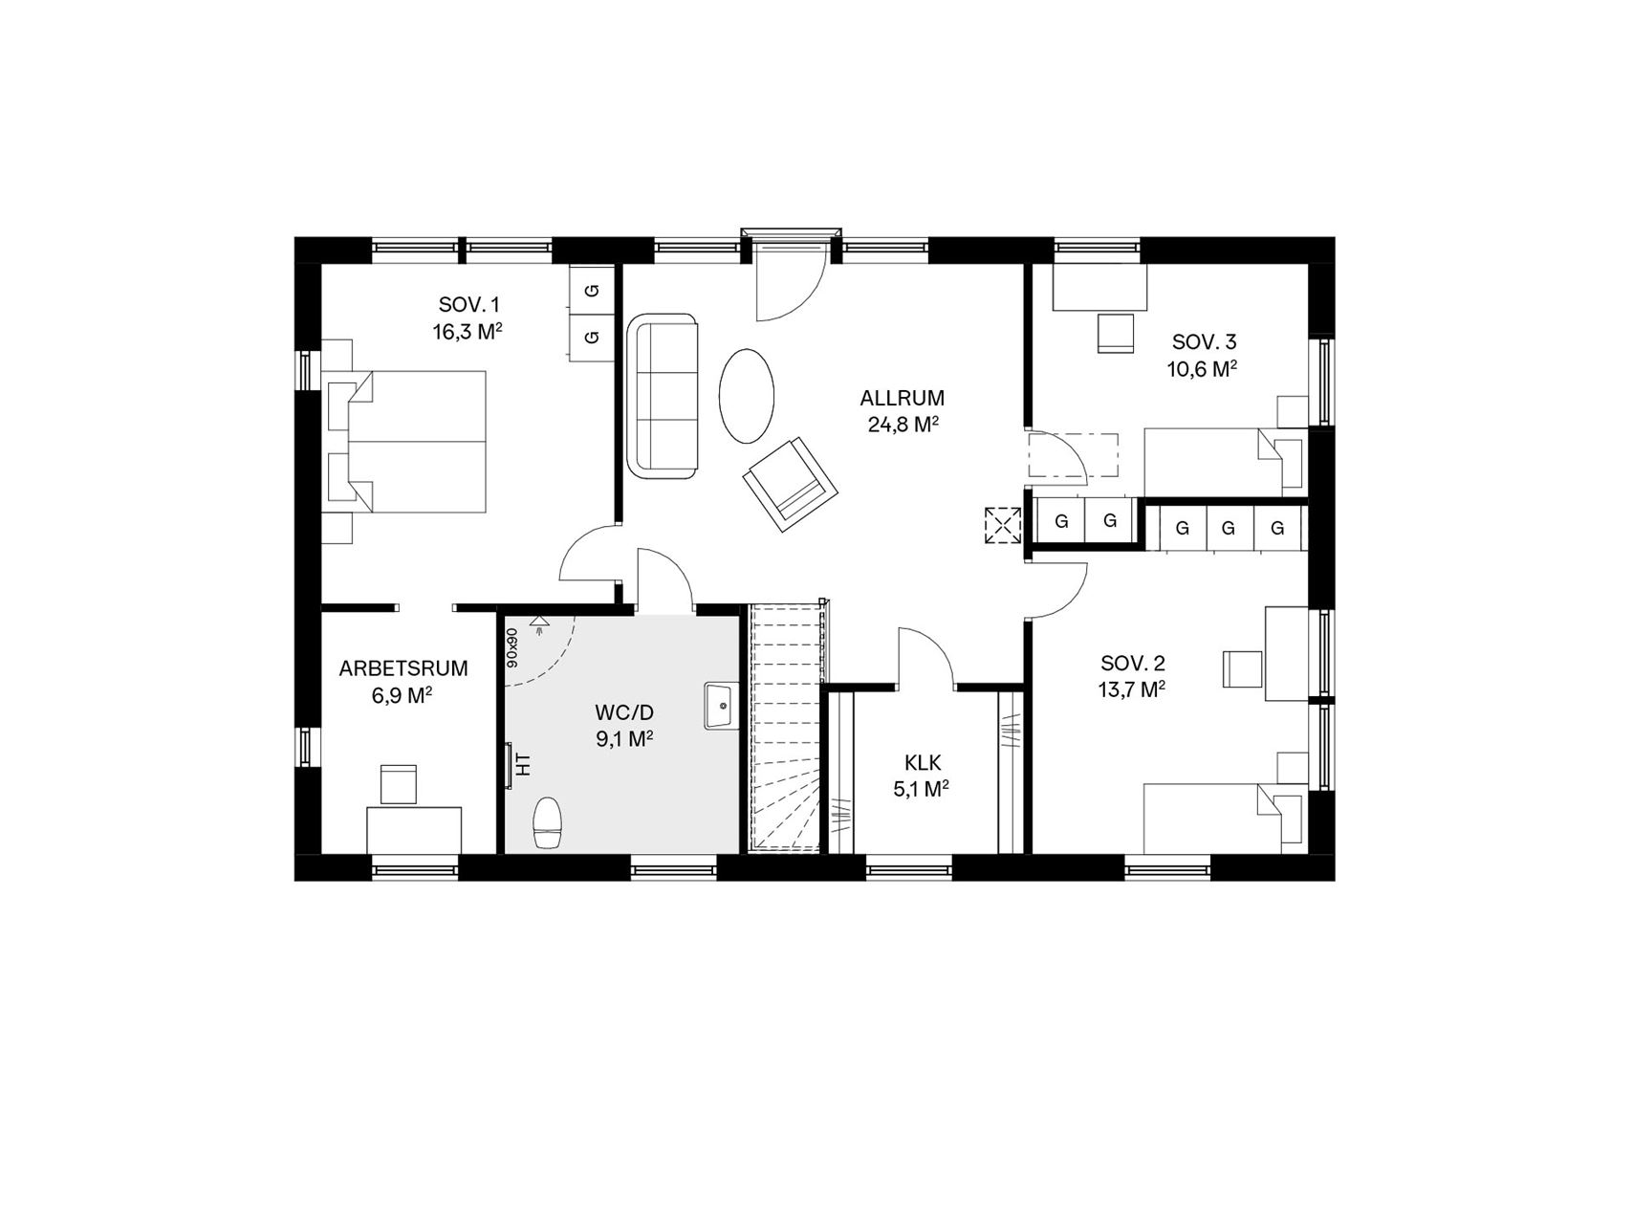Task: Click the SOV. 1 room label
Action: [x=468, y=305]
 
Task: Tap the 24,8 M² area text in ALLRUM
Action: [x=903, y=425]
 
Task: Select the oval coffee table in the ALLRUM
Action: [x=746, y=395]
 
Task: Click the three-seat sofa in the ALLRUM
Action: [x=664, y=396]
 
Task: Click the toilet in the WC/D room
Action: [x=548, y=823]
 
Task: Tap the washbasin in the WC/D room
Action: [x=722, y=706]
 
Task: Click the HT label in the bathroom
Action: [x=522, y=764]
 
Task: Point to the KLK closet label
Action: [x=923, y=762]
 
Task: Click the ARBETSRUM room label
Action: [x=403, y=668]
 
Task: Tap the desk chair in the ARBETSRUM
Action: [x=399, y=784]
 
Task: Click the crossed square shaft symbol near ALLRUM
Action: [x=1002, y=525]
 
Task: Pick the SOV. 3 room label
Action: [x=1204, y=342]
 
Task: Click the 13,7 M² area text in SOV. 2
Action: [x=1132, y=689]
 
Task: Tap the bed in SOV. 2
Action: [x=1223, y=818]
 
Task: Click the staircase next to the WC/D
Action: [x=786, y=727]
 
